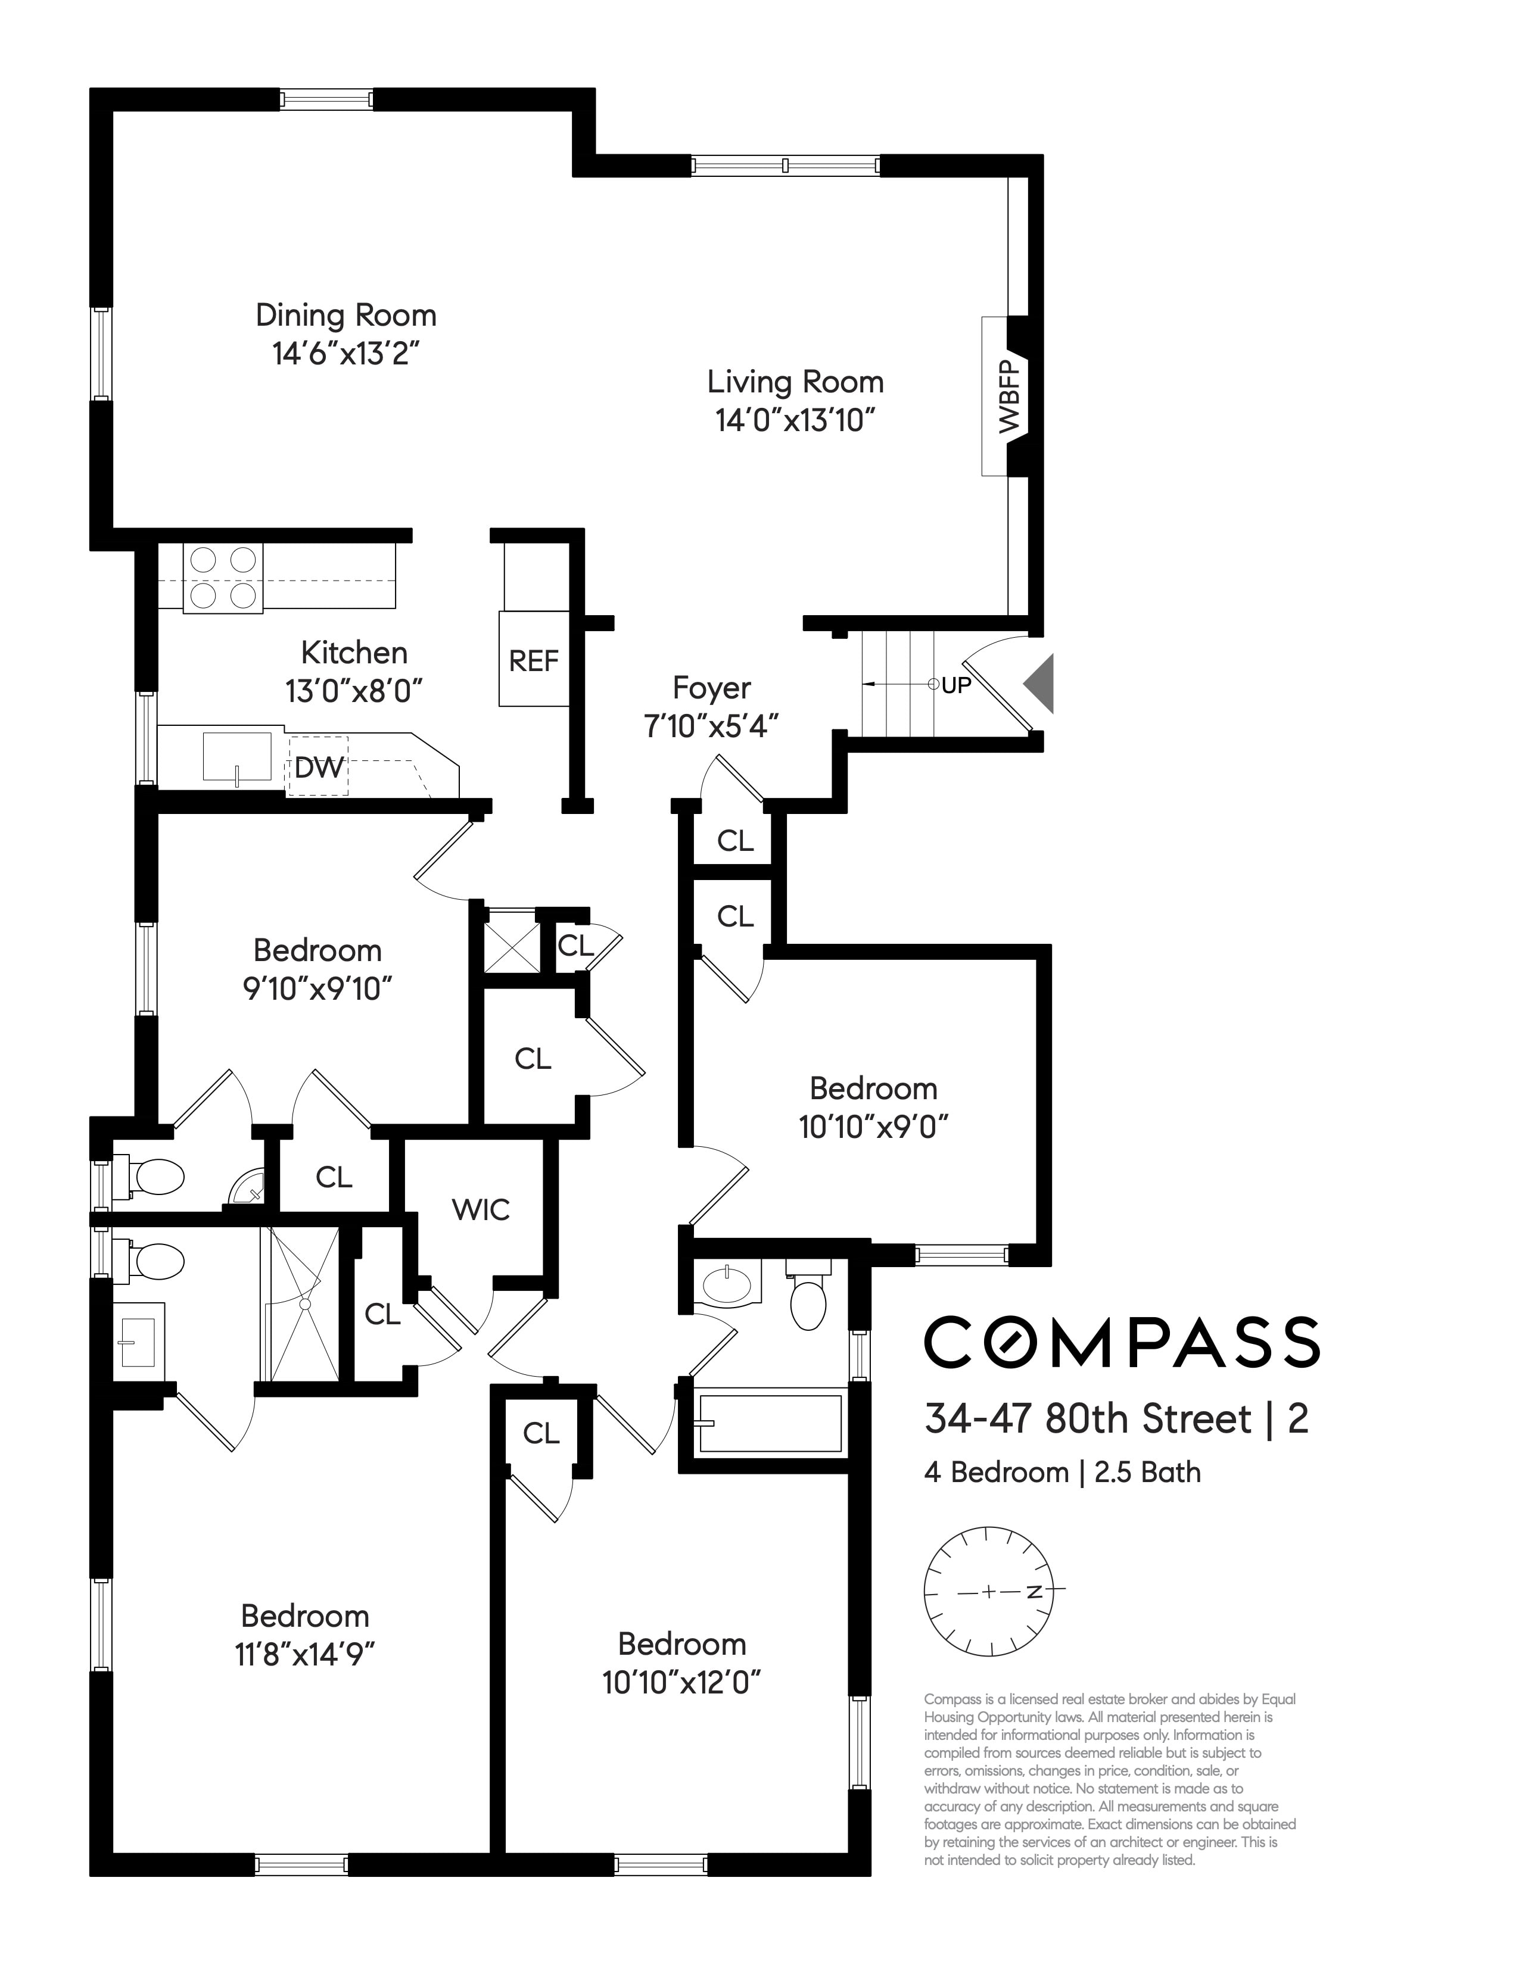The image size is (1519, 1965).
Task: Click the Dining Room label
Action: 347,315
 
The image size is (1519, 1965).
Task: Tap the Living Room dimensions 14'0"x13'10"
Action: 795,420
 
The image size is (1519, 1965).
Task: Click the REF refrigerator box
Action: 534,659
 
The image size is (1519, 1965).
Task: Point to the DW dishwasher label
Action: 319,768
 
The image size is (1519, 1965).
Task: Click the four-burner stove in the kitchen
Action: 223,579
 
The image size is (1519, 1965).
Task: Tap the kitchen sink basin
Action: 236,756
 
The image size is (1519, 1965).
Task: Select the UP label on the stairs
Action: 955,685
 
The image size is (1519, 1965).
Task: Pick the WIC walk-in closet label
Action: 481,1209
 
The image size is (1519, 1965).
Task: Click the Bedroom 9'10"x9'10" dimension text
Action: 318,990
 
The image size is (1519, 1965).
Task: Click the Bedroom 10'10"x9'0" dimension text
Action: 874,1127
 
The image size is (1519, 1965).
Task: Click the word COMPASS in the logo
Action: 1121,1342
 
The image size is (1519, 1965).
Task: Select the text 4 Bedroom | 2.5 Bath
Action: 1062,1473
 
